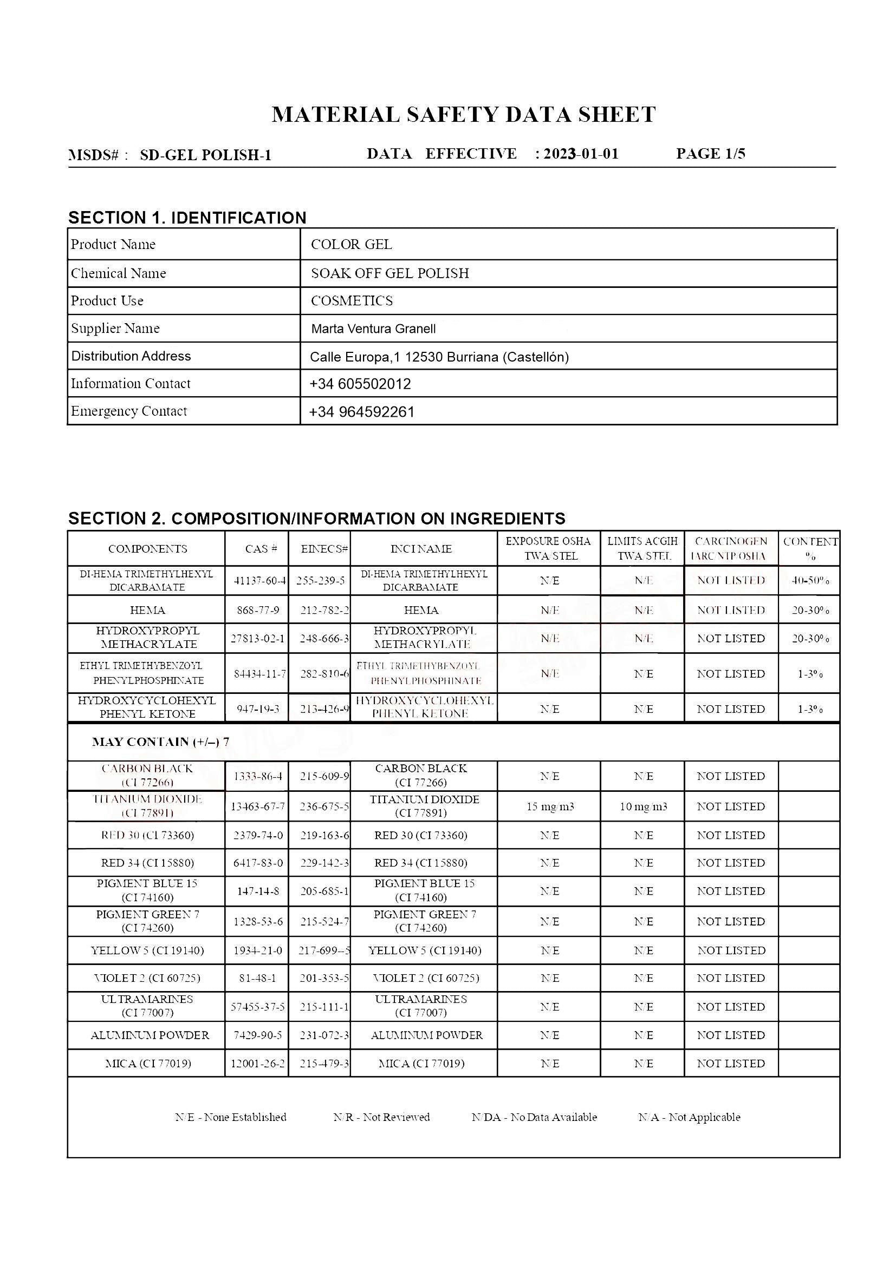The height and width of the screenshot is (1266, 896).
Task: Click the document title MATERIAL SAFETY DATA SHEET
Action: (x=464, y=115)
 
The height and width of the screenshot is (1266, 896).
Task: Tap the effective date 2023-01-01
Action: (x=581, y=154)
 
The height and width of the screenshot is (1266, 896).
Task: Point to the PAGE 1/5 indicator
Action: (x=711, y=154)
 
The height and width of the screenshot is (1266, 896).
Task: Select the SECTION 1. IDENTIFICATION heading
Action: (x=187, y=218)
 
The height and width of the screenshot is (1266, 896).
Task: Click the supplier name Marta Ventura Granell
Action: (x=374, y=329)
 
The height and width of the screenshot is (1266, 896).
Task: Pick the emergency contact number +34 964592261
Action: (x=362, y=412)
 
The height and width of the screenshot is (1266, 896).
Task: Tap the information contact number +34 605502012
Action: (x=360, y=384)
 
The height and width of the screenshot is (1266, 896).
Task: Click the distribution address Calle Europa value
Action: (x=439, y=357)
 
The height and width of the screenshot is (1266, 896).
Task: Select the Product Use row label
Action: (x=107, y=301)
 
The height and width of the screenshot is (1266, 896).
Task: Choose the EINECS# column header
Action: (x=324, y=549)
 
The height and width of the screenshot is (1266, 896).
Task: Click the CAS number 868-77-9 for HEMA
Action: (x=258, y=611)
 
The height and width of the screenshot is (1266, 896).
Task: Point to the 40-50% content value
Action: (x=810, y=581)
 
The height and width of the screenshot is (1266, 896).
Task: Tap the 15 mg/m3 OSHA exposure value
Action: (x=550, y=806)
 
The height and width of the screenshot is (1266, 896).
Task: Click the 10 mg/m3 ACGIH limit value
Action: (x=644, y=806)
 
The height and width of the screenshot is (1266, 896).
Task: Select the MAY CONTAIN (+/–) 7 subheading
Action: (x=160, y=742)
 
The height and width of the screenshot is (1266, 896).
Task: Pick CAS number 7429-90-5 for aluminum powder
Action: (x=258, y=1035)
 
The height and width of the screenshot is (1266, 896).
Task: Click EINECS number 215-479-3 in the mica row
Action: (x=324, y=1064)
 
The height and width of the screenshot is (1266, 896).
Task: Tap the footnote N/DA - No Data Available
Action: (x=534, y=1118)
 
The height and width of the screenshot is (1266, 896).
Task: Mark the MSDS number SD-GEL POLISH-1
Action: (x=205, y=155)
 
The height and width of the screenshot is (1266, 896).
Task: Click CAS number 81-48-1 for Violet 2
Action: (x=258, y=978)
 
